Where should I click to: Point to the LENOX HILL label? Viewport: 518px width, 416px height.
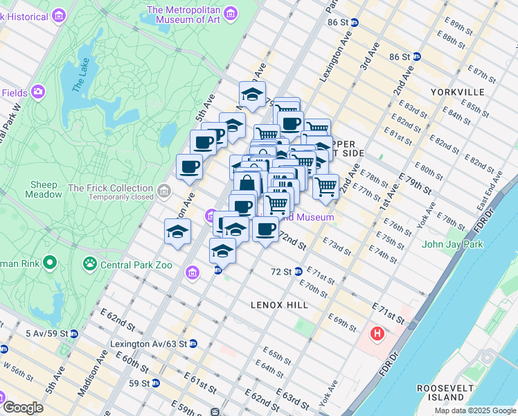(280, 305)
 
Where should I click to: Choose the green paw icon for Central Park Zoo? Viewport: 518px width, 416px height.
(90, 263)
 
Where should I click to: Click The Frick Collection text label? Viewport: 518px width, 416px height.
(111, 188)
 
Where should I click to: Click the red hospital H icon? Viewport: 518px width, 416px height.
(377, 334)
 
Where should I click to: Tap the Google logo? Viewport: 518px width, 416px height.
(23, 407)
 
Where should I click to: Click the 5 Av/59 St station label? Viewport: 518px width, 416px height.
(47, 333)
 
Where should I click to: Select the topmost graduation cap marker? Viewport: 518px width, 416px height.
(253, 94)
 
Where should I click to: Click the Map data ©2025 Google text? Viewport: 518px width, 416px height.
(475, 410)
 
